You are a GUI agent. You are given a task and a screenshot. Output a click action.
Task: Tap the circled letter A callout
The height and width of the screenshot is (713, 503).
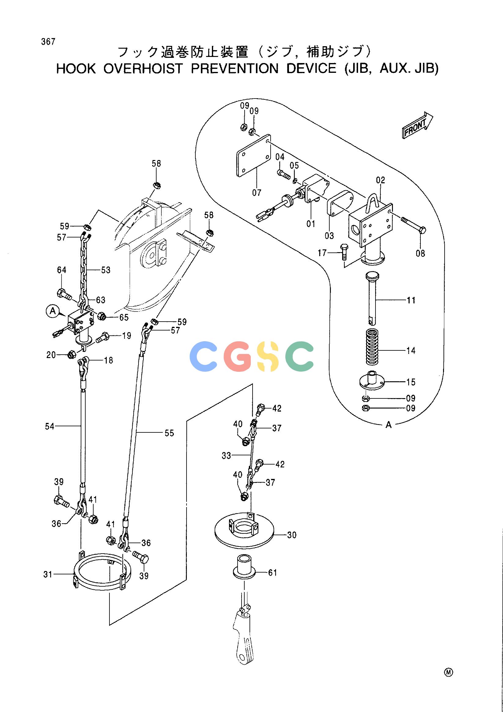(53, 311)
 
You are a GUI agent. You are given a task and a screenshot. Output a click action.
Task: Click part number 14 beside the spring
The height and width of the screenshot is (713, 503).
(411, 351)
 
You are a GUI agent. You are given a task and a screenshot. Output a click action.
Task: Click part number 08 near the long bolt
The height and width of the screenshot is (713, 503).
(420, 253)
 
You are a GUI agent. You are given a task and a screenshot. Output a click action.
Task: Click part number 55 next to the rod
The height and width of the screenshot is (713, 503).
(169, 433)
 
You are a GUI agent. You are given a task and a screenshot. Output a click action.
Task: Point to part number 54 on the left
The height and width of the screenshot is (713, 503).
(50, 427)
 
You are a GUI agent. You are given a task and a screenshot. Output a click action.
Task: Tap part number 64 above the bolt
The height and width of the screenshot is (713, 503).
(62, 270)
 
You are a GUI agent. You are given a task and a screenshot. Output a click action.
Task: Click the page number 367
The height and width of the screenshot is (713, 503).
(48, 42)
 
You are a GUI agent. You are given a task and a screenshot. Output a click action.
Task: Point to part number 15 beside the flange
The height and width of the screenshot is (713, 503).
(411, 382)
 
